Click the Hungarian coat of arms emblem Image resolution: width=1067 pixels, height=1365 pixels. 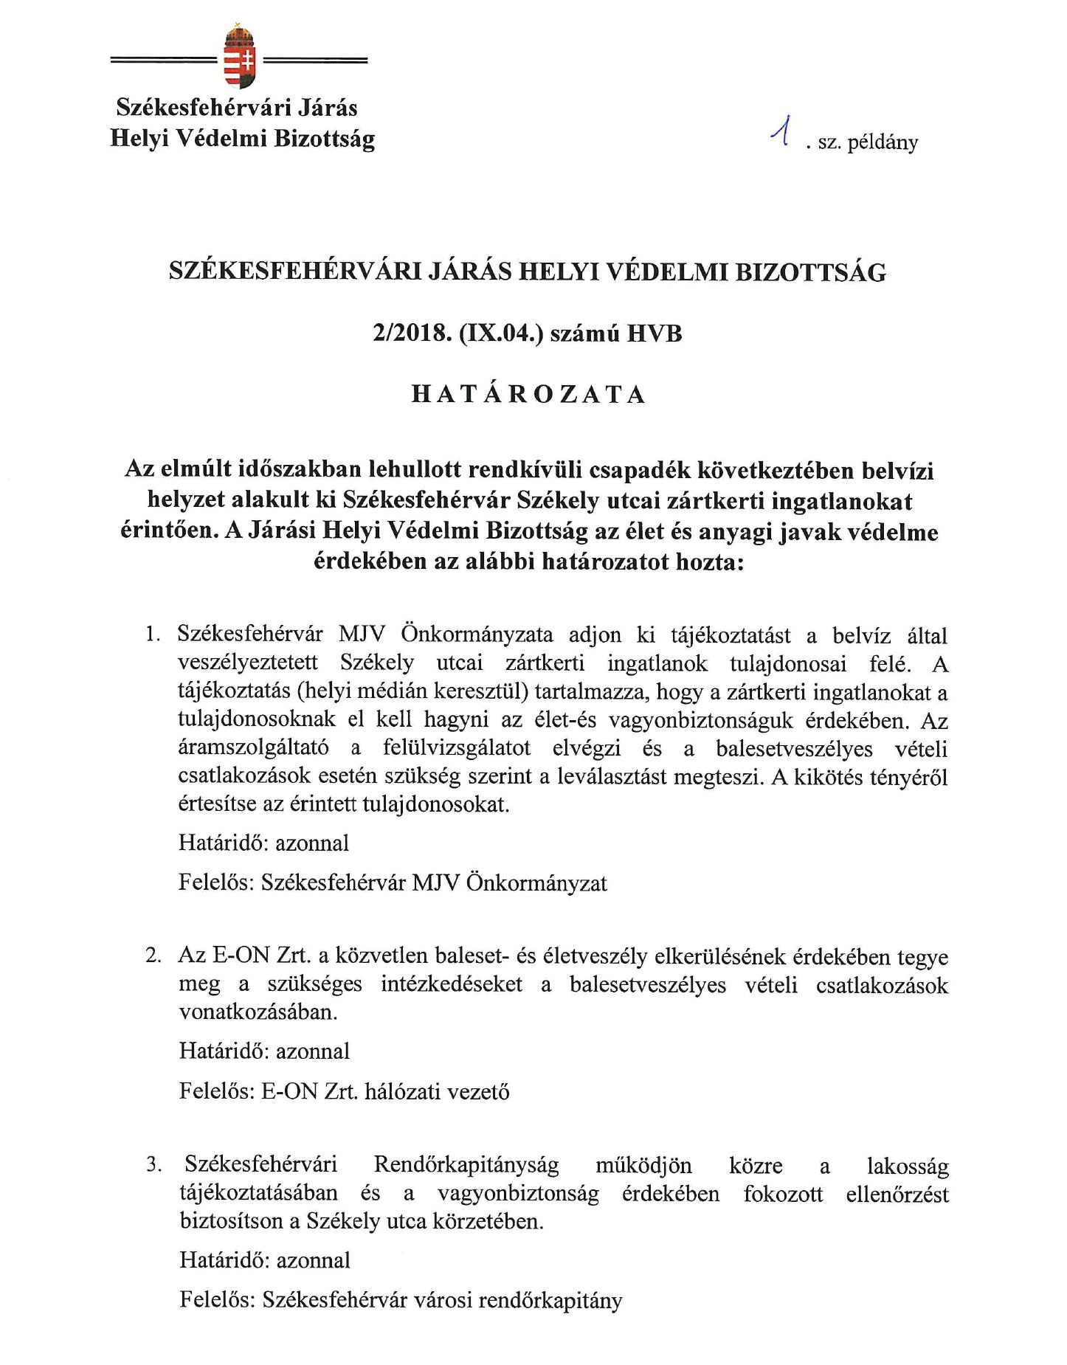coord(238,58)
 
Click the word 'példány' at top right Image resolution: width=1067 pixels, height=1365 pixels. coord(883,142)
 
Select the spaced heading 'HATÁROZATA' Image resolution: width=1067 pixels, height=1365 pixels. coord(528,394)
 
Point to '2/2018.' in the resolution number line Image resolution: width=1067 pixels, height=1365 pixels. coord(412,334)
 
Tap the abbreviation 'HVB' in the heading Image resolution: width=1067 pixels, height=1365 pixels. coord(654,334)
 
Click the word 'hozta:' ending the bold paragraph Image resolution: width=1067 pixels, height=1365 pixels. coord(709,561)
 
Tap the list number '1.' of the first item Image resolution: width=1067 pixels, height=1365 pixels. coord(153,635)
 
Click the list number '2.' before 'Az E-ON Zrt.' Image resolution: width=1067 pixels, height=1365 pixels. coord(153,955)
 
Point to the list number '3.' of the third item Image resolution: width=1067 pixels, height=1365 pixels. coord(153,1165)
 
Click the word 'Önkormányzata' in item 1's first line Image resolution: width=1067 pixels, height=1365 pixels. coord(477,635)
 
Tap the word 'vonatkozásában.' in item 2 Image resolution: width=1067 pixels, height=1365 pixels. coord(258,1012)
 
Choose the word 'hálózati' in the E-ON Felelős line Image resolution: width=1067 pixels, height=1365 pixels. coord(413,1091)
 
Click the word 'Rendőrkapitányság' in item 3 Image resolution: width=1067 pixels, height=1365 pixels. coord(466,1165)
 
